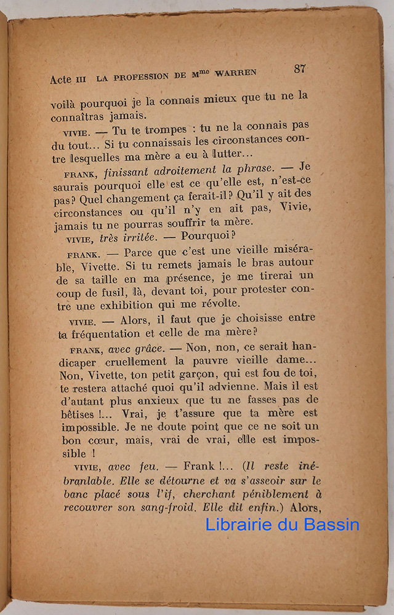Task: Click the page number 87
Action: (300, 68)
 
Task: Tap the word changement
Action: (120, 200)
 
